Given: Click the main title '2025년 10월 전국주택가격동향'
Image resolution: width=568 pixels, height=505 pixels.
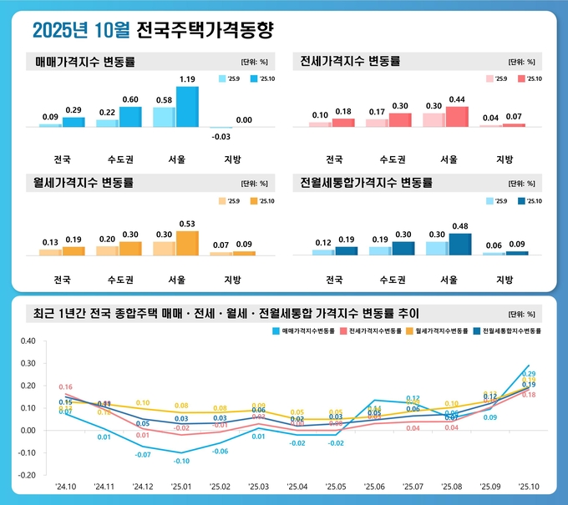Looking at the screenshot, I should point(153,31).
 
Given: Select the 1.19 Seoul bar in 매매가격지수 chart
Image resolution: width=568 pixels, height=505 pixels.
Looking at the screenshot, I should point(187,107).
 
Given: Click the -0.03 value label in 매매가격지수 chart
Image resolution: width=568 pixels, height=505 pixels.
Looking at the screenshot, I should point(221,136).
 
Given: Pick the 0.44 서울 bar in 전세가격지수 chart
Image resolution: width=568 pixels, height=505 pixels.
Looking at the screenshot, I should point(456,117).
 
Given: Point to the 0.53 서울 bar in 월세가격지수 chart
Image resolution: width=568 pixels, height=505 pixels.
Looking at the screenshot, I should point(187,243).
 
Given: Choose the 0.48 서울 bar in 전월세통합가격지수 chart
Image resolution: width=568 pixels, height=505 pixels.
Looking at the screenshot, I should point(459,244).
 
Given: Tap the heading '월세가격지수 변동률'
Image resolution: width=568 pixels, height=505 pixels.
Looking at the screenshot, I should point(85,182).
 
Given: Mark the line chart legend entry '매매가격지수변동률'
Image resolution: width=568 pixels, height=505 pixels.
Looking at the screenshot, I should point(306,331).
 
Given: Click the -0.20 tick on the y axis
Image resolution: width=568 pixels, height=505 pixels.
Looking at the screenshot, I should point(27,474).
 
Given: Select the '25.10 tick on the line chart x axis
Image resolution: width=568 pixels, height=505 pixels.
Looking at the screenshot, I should point(529,486).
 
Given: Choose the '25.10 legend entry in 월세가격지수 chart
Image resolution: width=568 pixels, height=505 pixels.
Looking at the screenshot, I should point(263,201).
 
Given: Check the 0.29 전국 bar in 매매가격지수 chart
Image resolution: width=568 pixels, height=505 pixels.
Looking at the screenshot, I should point(74,122).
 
